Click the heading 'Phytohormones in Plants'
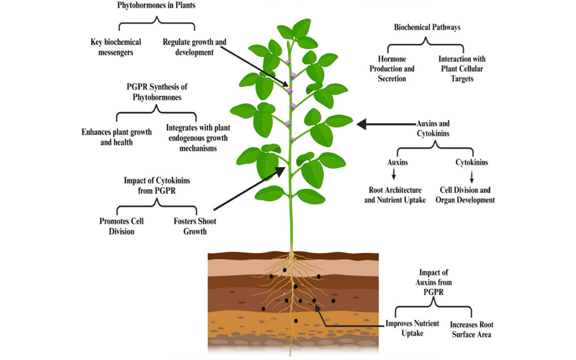(x=156, y=5)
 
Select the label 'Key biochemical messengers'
(x=115, y=47)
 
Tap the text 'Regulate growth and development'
(x=187, y=47)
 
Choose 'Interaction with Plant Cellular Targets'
(x=462, y=69)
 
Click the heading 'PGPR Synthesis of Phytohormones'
(x=158, y=91)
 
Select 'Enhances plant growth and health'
(x=117, y=137)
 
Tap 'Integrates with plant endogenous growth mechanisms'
(x=191, y=138)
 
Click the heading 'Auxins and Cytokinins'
(x=433, y=129)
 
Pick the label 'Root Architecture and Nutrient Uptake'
(x=395, y=195)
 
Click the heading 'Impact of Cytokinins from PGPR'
(x=156, y=185)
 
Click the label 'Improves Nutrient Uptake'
(x=412, y=328)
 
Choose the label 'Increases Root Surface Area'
(x=470, y=329)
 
